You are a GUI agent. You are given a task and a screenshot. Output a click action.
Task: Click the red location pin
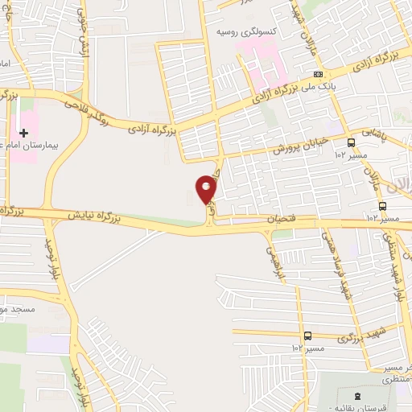[207, 190]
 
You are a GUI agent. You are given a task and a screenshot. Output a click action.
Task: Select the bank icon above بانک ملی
[319, 74]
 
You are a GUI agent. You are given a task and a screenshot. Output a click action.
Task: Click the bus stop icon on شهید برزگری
[307, 336]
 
